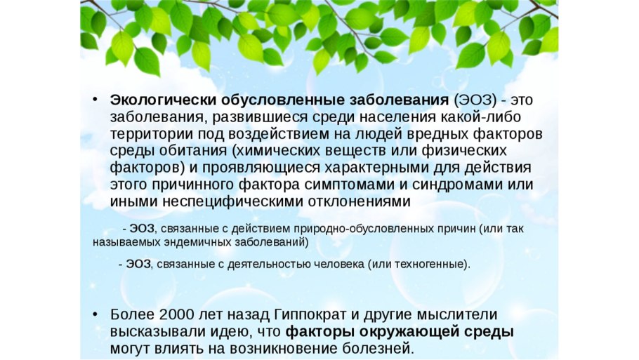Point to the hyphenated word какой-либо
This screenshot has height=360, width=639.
481,117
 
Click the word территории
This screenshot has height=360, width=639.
152,134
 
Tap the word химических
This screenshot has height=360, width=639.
277,151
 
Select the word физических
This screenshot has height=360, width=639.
463,151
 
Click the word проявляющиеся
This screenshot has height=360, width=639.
261,168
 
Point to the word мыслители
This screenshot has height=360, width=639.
457,315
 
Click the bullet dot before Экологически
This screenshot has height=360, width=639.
95,100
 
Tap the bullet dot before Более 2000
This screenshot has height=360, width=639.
95,315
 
